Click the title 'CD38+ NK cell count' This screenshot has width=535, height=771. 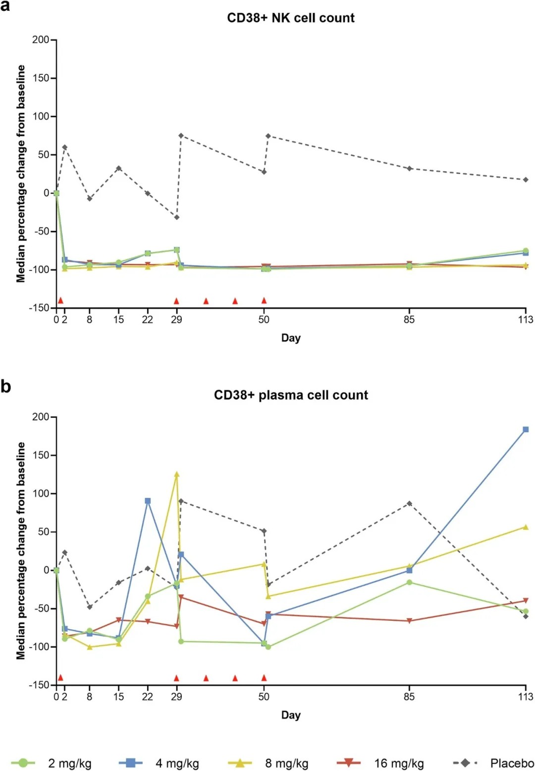[291, 18]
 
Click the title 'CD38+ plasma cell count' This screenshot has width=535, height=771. [291, 395]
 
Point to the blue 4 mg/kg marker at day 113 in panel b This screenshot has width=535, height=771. [526, 429]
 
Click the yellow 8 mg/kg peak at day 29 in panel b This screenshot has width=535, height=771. [176, 474]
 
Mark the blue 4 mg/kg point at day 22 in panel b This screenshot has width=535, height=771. [148, 501]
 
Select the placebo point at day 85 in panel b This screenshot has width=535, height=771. [409, 504]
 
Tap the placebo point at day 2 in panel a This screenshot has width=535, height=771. [64, 147]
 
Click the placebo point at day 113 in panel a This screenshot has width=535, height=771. [526, 179]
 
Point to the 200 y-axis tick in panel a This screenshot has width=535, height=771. [41, 40]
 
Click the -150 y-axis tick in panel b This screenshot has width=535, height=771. [40, 685]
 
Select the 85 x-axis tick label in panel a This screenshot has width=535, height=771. [409, 320]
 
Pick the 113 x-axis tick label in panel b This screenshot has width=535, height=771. [526, 697]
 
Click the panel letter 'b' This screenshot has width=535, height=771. [6, 386]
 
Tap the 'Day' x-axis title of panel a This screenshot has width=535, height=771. [291, 338]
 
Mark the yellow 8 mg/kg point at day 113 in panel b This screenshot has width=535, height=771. [526, 527]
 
